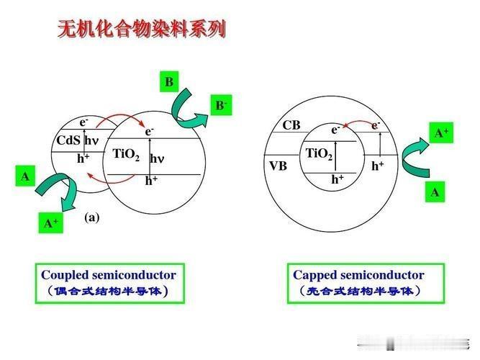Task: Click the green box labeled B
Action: pyautogui.click(x=168, y=82)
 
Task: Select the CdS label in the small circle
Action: pyautogui.click(x=68, y=140)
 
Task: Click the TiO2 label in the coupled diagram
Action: pyautogui.click(x=126, y=153)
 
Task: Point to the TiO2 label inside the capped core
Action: pyautogui.click(x=319, y=153)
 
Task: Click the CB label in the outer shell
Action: pyautogui.click(x=291, y=125)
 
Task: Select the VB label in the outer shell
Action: pyautogui.click(x=279, y=166)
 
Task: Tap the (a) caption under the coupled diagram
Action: pyautogui.click(x=91, y=217)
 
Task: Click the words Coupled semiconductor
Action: pyautogui.click(x=108, y=275)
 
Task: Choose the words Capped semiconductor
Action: pyautogui.click(x=358, y=275)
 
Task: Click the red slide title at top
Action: pyautogui.click(x=142, y=30)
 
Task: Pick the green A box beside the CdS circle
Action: pyautogui.click(x=26, y=176)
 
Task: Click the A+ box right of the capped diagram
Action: pyautogui.click(x=441, y=134)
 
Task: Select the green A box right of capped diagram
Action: pyautogui.click(x=435, y=192)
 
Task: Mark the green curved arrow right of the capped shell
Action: pyautogui.click(x=413, y=160)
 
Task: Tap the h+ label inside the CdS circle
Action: pyautogui.click(x=83, y=158)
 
